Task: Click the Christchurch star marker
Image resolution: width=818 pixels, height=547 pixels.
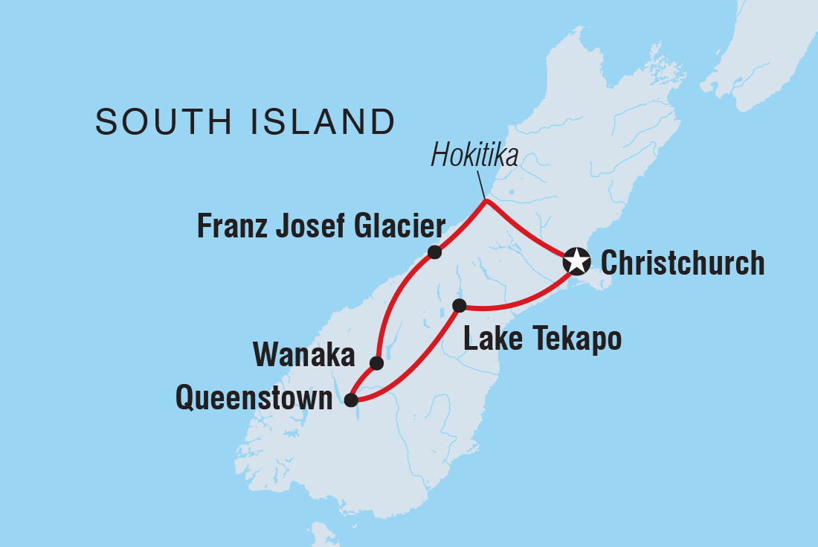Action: [576, 261]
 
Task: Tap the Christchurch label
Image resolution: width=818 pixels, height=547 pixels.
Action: [682, 263]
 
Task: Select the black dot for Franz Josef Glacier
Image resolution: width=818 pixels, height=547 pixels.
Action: [435, 252]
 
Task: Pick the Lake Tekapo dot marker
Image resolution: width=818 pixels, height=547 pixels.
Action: [460, 305]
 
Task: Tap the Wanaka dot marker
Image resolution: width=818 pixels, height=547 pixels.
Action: [377, 363]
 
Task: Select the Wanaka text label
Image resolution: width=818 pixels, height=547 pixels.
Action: [304, 356]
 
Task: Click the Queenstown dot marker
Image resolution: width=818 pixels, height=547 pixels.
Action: [351, 400]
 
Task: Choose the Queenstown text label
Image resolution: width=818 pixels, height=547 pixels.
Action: [254, 399]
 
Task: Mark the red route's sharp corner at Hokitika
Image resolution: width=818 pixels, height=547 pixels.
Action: [486, 201]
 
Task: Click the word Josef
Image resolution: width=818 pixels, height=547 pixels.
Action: [309, 226]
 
